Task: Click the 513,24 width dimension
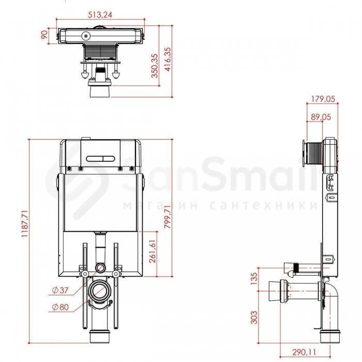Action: click(100, 15)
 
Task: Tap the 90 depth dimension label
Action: click(44, 35)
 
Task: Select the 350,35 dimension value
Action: click(155, 66)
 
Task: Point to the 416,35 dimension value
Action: click(168, 59)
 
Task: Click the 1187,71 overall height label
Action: click(24, 223)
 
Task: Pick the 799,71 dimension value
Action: click(168, 217)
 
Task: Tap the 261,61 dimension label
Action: click(153, 251)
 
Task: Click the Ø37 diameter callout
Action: click(61, 290)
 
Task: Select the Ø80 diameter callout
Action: click(61, 307)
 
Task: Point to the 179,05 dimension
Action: click(323, 99)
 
